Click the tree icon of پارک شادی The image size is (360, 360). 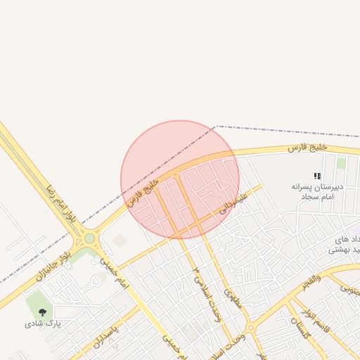pyautogui.click(x=43, y=311)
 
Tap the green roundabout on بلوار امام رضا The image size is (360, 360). pyautogui.click(x=89, y=238)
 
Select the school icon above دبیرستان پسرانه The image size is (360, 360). pyautogui.click(x=317, y=176)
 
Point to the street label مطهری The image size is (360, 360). pyautogui.click(x=233, y=301)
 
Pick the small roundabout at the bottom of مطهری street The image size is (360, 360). pyautogui.click(x=250, y=328)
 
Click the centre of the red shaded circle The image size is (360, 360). pyautogui.click(x=180, y=179)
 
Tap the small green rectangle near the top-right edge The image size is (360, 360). pyautogui.click(x=341, y=163)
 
